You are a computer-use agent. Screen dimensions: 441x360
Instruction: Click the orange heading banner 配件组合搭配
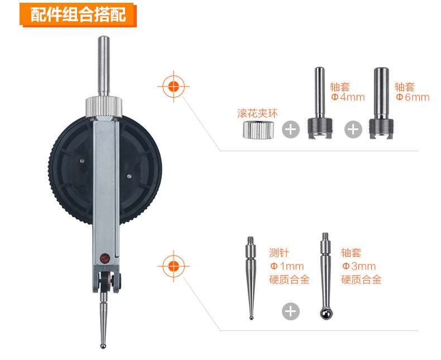click(78, 15)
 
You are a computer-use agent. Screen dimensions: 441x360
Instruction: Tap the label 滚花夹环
click(257, 113)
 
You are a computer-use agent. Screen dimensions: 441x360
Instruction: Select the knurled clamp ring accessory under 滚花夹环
click(258, 130)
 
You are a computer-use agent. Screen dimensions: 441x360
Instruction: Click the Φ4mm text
click(348, 97)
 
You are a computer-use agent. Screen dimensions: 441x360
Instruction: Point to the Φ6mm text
click(413, 97)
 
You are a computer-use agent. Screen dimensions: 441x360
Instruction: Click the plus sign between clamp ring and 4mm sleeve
click(291, 129)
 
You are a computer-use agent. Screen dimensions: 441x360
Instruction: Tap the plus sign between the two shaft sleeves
click(353, 129)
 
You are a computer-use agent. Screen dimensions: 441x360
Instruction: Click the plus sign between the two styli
click(291, 311)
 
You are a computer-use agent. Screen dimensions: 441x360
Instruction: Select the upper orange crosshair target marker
click(174, 87)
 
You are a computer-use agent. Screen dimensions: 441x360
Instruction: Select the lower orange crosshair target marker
click(174, 266)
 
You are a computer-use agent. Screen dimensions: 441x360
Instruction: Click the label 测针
click(279, 253)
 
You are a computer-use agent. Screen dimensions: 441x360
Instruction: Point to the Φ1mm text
click(287, 266)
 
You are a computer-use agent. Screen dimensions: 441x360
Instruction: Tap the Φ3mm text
click(359, 266)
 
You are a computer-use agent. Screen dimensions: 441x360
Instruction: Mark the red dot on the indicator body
click(104, 258)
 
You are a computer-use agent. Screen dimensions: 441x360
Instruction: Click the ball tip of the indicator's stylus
click(103, 345)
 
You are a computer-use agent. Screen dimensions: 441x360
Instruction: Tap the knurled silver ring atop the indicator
click(104, 107)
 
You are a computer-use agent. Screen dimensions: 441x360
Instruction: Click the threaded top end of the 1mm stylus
click(251, 241)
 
